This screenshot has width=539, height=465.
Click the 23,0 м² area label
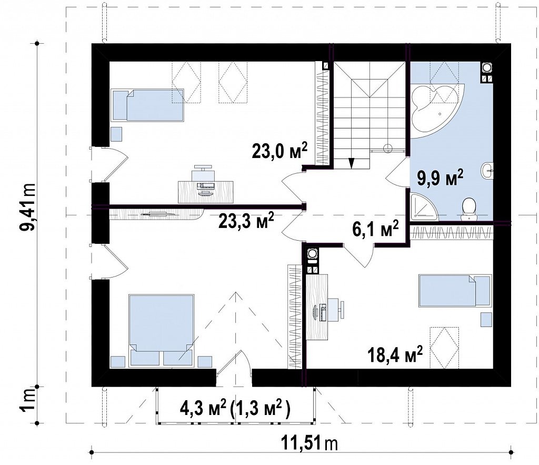tap(279, 150)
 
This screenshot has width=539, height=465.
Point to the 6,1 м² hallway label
tap(375, 228)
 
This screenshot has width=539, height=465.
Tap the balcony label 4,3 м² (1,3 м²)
tap(235, 409)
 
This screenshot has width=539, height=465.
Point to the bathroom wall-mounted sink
tap(487, 170)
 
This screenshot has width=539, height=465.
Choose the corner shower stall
tap(424, 206)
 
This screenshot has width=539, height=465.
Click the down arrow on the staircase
tap(351, 163)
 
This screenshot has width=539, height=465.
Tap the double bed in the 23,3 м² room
tap(161, 330)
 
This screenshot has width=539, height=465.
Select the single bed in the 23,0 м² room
tap(147, 105)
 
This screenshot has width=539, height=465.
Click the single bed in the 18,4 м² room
tap(455, 291)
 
